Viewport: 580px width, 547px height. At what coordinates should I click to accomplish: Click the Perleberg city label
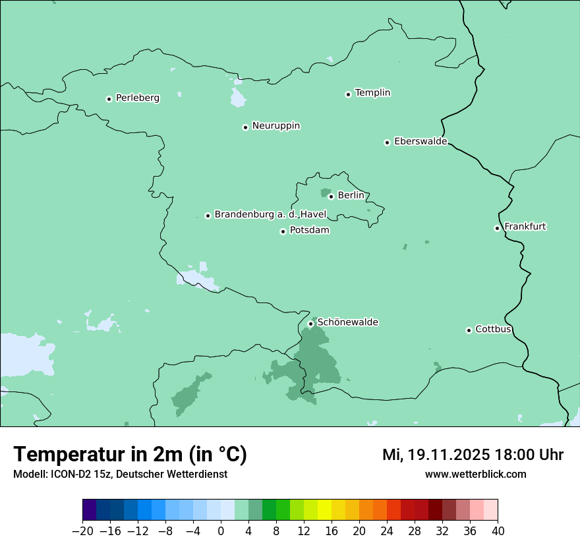137,98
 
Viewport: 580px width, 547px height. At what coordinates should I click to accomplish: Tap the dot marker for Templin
348,94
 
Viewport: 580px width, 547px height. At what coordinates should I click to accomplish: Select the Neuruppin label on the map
275,126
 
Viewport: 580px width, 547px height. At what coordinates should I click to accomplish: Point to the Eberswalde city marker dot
387,142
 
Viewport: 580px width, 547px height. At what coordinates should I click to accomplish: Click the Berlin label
351,196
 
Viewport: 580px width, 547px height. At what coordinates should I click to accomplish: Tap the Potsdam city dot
283,231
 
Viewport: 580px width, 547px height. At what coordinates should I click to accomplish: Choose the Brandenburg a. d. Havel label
270,215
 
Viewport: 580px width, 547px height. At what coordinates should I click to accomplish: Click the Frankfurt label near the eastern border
525,227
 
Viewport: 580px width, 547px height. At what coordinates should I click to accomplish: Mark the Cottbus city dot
469,330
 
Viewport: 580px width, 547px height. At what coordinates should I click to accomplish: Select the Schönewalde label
347,322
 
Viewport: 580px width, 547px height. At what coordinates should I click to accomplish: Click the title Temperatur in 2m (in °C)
130,455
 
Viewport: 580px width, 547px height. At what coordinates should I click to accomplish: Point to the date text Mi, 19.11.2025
436,455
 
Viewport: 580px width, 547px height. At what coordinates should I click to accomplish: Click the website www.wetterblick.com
475,475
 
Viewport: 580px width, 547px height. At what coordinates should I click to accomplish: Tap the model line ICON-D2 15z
120,475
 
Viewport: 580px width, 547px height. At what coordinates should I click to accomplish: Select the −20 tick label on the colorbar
82,531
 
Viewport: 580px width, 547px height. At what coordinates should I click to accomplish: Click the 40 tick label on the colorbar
498,531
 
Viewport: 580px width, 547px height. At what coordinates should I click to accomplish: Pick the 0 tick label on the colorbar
221,531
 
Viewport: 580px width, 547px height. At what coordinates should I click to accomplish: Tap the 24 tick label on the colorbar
387,531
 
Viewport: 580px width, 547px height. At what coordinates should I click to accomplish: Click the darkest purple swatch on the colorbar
90,510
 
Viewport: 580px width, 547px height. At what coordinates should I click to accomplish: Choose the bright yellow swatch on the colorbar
324,510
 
